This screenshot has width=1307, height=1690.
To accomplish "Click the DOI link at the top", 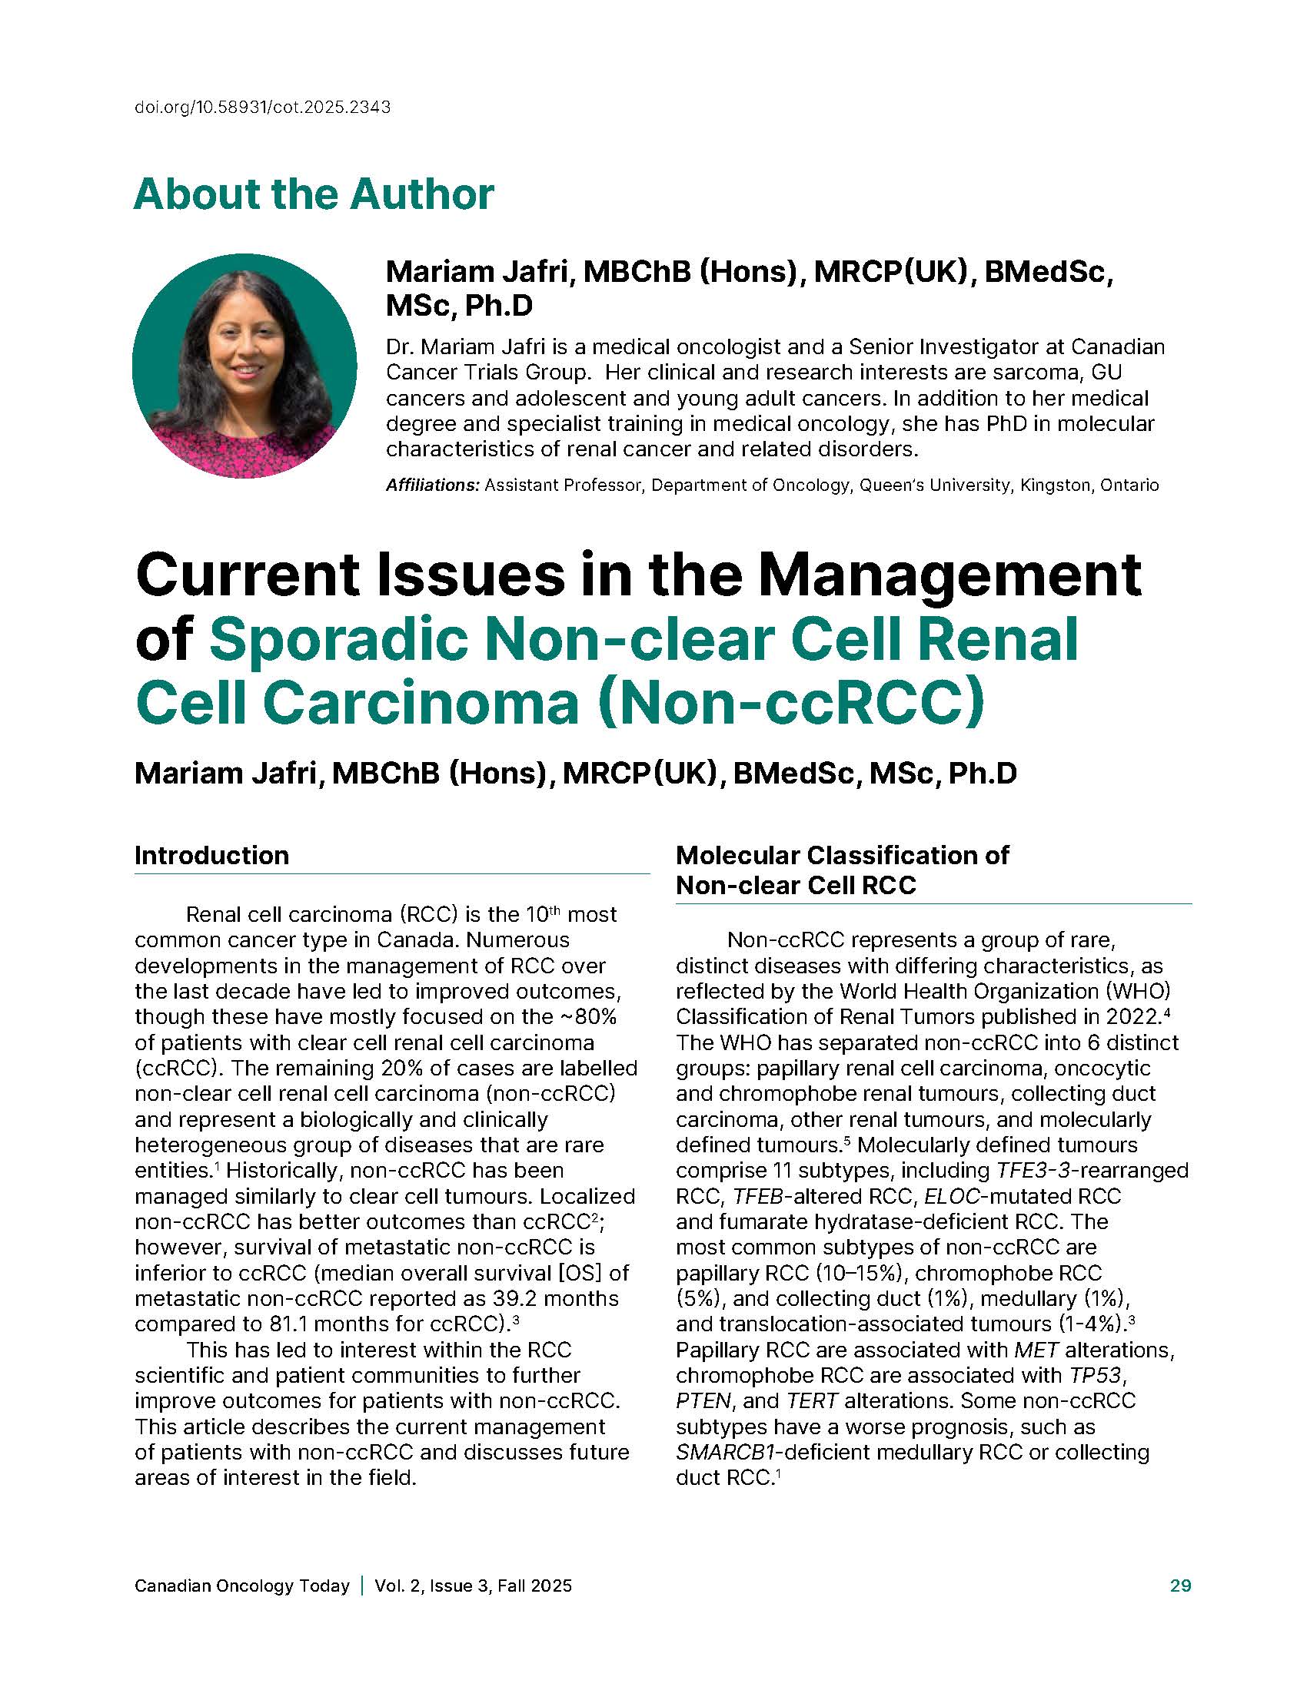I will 262,108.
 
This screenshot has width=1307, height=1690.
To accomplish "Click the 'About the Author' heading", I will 314,194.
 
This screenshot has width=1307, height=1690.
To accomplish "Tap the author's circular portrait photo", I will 244,366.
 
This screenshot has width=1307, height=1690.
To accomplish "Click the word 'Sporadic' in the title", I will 338,639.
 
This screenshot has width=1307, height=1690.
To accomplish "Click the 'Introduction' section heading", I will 211,855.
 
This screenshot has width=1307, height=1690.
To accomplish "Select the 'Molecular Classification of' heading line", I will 842,855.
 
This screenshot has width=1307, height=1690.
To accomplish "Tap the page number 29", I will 1180,1586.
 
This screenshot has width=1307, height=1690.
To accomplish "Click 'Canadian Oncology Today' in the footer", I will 241,1586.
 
